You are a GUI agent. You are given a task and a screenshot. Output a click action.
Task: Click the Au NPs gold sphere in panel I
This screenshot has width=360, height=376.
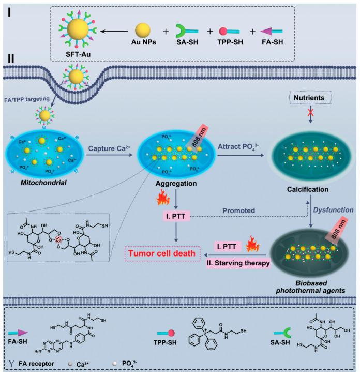tap(142, 31)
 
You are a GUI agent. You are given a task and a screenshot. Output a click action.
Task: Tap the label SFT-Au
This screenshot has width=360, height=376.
tap(78, 54)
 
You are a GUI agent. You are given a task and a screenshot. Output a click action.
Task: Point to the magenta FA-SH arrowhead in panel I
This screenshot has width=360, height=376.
tap(266, 31)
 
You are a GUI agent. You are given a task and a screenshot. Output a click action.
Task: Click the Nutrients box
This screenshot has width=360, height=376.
tap(309, 98)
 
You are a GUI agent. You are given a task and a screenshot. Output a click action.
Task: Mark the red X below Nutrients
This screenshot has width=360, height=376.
tap(310, 112)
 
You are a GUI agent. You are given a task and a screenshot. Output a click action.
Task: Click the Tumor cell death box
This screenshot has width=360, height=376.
tap(162, 253)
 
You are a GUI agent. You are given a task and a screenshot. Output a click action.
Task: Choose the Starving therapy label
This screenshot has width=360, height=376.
tap(238, 263)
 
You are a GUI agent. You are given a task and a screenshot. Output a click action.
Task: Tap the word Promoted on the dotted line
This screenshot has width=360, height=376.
tap(238, 210)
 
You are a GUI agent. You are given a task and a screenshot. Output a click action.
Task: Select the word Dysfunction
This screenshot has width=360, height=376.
tap(334, 210)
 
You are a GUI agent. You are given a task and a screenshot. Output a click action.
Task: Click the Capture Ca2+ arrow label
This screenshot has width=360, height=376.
tap(109, 148)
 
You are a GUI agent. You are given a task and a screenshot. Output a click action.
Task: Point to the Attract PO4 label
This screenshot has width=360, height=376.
tap(238, 147)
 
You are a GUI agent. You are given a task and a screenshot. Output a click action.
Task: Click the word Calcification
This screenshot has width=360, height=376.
tap(308, 189)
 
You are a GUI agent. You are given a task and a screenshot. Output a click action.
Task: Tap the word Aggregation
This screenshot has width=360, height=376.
tap(176, 184)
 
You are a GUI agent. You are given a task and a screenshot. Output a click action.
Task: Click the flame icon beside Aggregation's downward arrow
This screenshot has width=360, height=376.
tap(163, 197)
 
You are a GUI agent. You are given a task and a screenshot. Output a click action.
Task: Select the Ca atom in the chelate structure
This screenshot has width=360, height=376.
tap(58, 239)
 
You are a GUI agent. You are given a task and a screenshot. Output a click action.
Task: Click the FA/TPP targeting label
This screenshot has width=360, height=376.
tap(27, 99)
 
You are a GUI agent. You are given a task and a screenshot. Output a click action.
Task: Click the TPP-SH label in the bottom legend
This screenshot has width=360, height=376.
tap(165, 342)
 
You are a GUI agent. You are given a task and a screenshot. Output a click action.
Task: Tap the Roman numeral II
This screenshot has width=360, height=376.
tap(11, 58)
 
